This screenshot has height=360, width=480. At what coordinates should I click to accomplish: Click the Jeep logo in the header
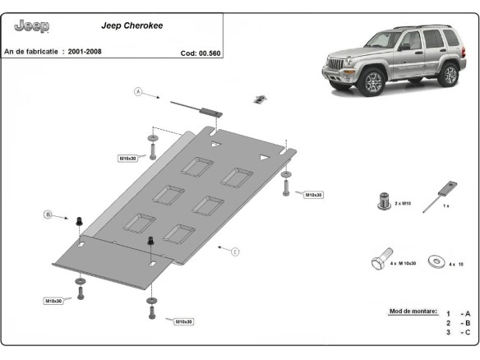(x=32, y=26)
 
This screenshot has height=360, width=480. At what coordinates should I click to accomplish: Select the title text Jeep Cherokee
(x=132, y=25)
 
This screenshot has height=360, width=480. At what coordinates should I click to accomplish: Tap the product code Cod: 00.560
(x=201, y=53)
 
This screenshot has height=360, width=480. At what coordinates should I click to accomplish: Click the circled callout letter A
(x=138, y=91)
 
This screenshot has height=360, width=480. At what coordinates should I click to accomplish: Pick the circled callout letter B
(x=48, y=215)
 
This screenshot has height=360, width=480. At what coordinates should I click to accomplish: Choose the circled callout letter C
(x=235, y=252)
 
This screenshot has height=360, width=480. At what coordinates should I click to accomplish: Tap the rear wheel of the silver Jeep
(x=448, y=76)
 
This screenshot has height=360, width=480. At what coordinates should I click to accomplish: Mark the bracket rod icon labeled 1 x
(x=436, y=196)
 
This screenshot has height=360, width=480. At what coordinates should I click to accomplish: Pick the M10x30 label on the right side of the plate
(x=313, y=195)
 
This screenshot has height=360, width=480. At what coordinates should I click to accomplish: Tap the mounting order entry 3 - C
(x=458, y=332)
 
